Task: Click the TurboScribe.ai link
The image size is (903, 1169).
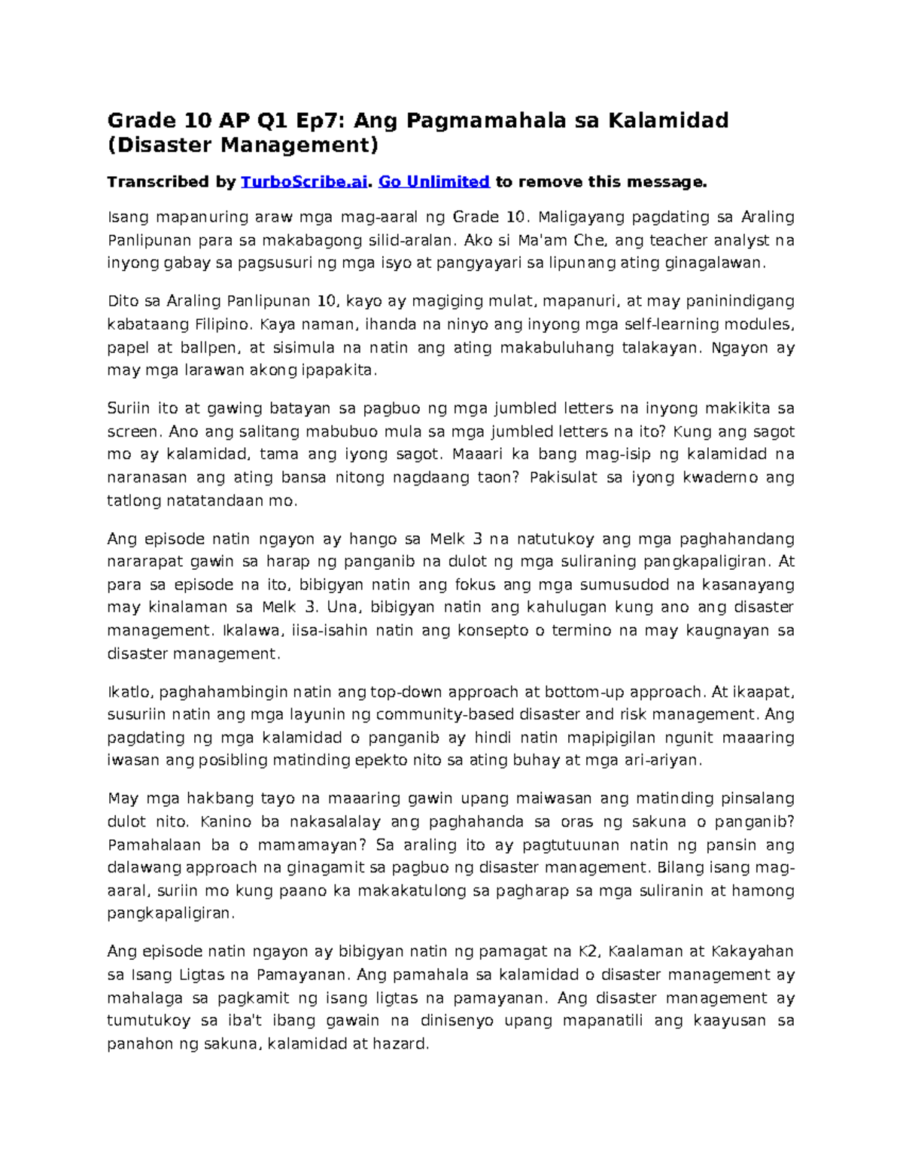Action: coord(303,181)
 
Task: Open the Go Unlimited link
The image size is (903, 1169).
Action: coord(433,181)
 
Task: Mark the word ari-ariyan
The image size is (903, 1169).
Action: coord(663,760)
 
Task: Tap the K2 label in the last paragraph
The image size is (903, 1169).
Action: coord(588,952)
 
